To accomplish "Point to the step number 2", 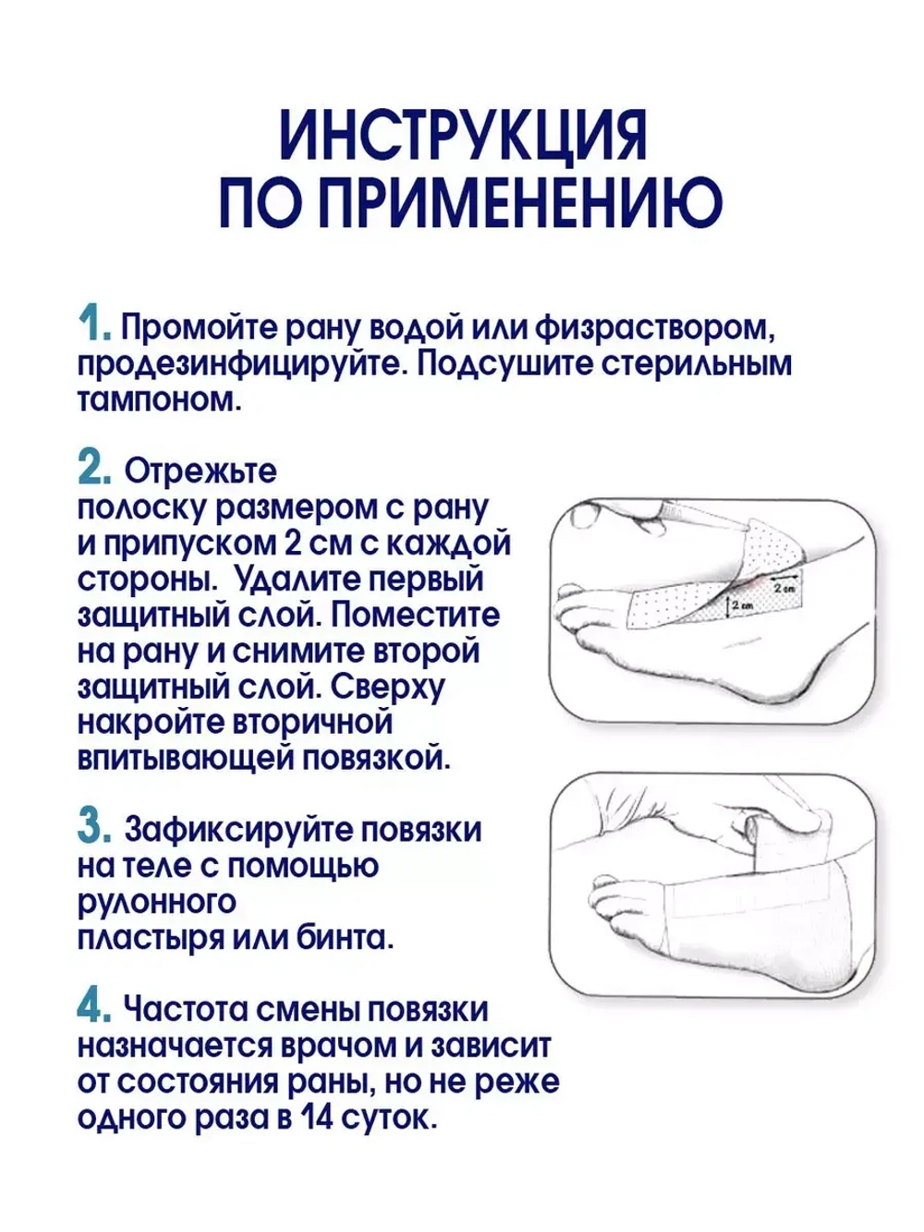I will pos(94,469).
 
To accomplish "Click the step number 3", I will pos(94,827).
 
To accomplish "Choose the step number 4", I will pos(94,1007).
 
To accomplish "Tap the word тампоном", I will pos(158,399).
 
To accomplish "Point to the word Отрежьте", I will pos(201,471).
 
